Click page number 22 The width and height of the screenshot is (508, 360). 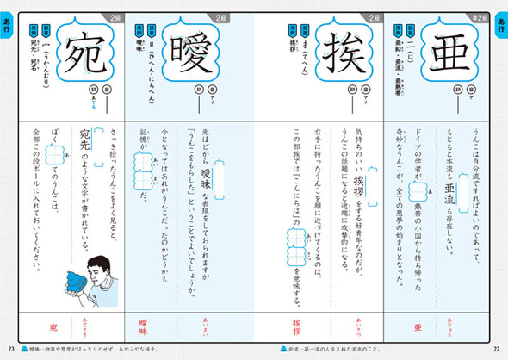click(x=495, y=348)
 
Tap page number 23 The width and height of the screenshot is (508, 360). click(x=11, y=348)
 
